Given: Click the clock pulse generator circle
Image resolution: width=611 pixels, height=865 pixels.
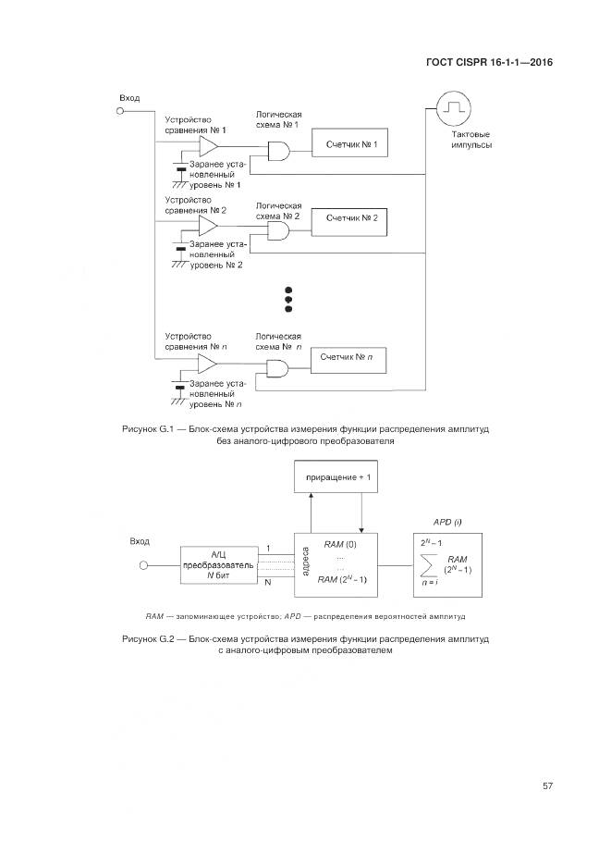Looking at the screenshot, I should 452,109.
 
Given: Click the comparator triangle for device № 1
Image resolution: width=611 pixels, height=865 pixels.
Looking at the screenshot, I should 209,148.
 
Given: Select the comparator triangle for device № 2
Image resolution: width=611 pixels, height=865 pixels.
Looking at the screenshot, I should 209,226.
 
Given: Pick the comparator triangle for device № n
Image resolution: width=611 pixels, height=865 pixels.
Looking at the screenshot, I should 209,362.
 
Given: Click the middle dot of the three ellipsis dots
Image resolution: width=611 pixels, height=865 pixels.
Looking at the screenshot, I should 287,299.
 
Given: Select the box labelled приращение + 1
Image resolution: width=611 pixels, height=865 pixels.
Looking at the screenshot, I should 336,477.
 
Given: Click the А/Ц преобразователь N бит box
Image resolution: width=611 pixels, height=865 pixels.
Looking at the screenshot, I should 218,563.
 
